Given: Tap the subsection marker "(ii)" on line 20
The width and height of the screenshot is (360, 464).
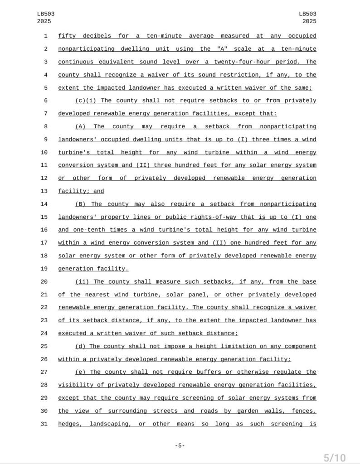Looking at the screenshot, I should pos(82,282).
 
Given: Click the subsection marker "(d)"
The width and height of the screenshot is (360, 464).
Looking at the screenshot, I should pos(81,346).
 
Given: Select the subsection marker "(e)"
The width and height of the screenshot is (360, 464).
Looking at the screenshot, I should pos(81,372).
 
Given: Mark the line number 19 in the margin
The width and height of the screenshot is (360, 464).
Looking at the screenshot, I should pos(44,269).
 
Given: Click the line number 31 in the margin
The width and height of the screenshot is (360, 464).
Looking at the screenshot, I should pos(44,424).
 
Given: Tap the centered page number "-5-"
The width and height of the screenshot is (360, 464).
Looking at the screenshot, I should pos(180,446).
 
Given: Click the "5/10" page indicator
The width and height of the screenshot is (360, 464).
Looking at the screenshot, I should pos(334,458).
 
